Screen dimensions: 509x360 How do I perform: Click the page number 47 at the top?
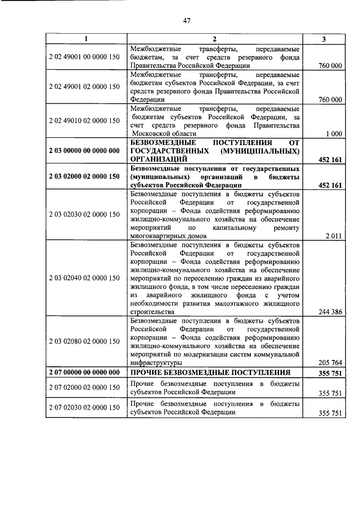pyautogui.click(x=187, y=21)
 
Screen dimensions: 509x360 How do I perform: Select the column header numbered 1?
pyautogui.click(x=86, y=39)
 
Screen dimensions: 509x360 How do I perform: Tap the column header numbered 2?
pyautogui.click(x=214, y=39)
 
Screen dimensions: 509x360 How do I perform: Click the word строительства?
pyautogui.click(x=152, y=312)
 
